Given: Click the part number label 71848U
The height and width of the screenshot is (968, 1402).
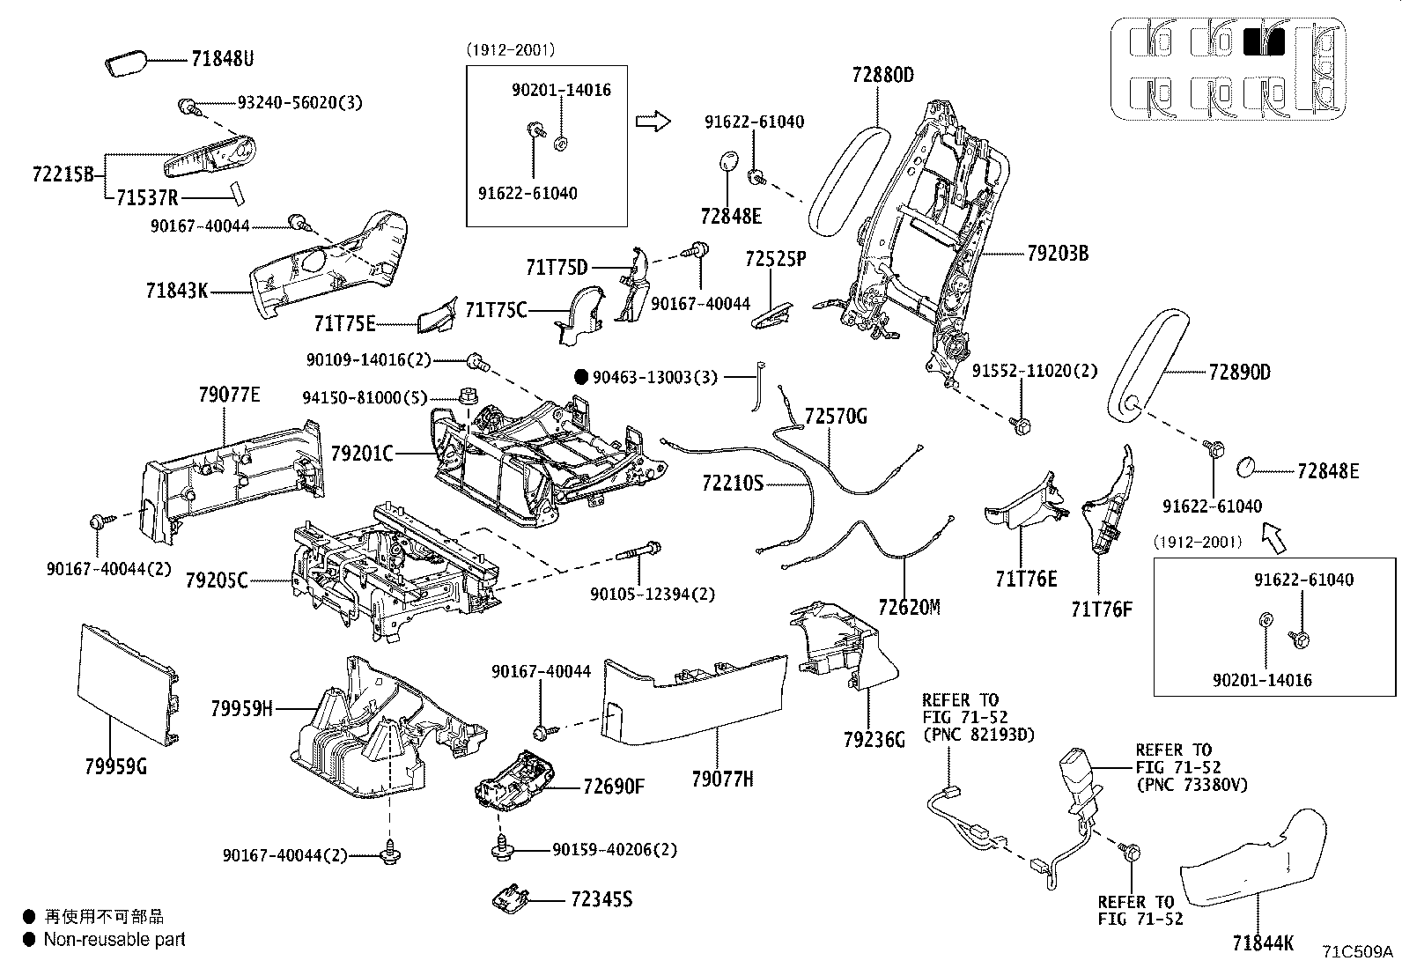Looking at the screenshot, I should coord(222,60).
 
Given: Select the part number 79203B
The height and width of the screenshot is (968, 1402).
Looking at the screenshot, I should coord(1057,255).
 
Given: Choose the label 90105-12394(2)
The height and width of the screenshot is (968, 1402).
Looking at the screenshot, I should coord(652,595).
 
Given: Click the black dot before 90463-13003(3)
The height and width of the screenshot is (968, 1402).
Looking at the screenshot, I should coord(580,377).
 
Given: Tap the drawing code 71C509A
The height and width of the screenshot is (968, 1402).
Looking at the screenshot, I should coord(1357,951).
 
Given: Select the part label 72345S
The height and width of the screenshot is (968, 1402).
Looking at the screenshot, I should coord(601,899).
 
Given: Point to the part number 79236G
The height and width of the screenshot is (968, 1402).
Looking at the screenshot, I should coord(874,740).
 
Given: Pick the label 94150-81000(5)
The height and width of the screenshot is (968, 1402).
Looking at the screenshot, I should coord(365,397).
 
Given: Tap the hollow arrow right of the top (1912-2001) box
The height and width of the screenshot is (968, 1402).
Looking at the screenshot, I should coord(653,121).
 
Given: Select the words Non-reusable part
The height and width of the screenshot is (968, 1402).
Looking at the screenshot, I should coord(114,940).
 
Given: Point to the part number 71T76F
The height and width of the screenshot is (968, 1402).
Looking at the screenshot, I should coord(1101,608).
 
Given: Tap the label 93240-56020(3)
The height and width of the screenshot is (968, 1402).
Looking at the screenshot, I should coord(299,102).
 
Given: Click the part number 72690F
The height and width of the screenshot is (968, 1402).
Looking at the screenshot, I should coord(613,786).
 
